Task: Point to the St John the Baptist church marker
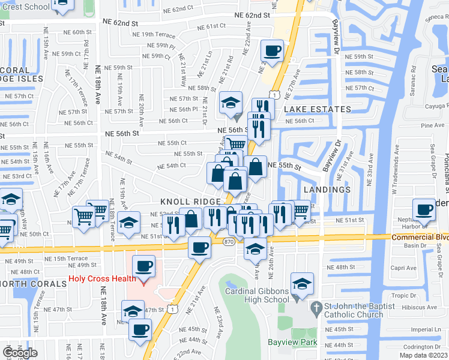[x=316, y=307]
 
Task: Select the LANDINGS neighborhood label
[x=327, y=190]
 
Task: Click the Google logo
[x=20, y=353]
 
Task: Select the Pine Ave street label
[x=433, y=125]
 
